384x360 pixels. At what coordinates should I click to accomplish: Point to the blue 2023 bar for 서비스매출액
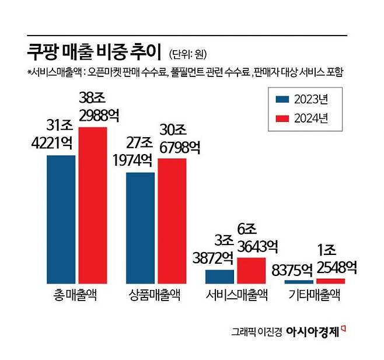click(x=219, y=277)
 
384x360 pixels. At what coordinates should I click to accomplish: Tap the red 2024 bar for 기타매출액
click(x=330, y=281)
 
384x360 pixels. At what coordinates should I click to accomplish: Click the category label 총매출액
click(x=76, y=296)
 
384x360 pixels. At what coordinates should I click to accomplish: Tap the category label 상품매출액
click(x=156, y=296)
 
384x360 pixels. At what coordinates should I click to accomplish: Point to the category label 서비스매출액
click(x=236, y=296)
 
